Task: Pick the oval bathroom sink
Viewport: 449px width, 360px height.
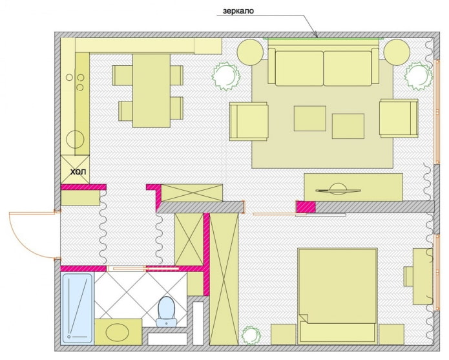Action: click(x=118, y=333)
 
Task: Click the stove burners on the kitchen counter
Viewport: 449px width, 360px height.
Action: click(x=81, y=82)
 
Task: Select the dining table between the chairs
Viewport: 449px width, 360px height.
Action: click(x=151, y=90)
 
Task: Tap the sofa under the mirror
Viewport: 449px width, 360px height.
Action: click(x=324, y=67)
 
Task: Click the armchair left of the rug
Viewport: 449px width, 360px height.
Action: click(x=249, y=121)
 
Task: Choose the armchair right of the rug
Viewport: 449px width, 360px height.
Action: click(x=399, y=118)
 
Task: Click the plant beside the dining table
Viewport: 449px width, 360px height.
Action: click(x=226, y=75)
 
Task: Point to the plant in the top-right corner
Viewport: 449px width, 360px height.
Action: click(x=417, y=76)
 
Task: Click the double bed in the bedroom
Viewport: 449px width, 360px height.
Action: click(x=337, y=294)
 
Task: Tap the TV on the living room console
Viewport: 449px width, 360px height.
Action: click(x=339, y=190)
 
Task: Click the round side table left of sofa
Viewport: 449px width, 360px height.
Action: click(x=250, y=52)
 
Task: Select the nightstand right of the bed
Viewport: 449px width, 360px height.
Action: click(x=392, y=334)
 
